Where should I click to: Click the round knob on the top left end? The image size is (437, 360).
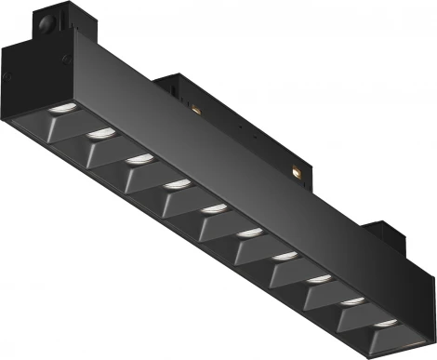click(49, 20)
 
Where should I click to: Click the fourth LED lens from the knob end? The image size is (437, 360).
click(174, 183)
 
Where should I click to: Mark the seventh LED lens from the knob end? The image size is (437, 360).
click(285, 254)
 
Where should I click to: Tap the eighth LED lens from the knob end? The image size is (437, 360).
click(319, 276)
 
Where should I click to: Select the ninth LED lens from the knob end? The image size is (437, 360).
click(353, 300)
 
